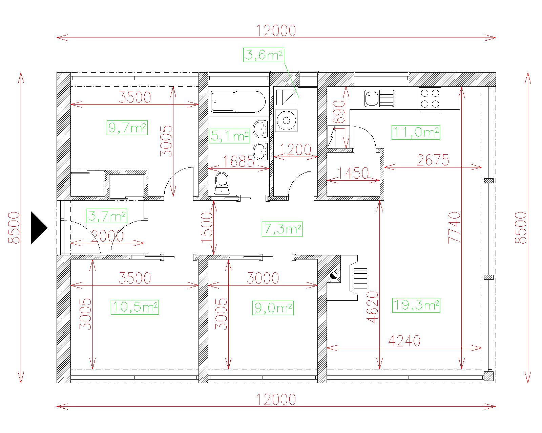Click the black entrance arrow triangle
point(38,228)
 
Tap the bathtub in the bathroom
point(238,101)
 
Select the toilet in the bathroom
point(222,183)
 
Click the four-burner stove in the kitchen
point(430,98)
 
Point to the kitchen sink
point(379,99)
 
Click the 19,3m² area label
point(416,305)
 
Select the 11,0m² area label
point(416,132)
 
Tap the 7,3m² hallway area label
point(282,229)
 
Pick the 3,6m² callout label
point(264,55)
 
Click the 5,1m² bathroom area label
point(229,136)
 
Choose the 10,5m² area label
point(135,307)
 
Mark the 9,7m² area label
point(127,128)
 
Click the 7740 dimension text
point(454,227)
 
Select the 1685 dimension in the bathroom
point(238,161)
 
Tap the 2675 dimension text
point(433,160)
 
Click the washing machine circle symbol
point(286,121)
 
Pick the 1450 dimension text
point(353,173)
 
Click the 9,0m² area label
point(273,308)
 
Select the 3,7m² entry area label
point(106,216)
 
